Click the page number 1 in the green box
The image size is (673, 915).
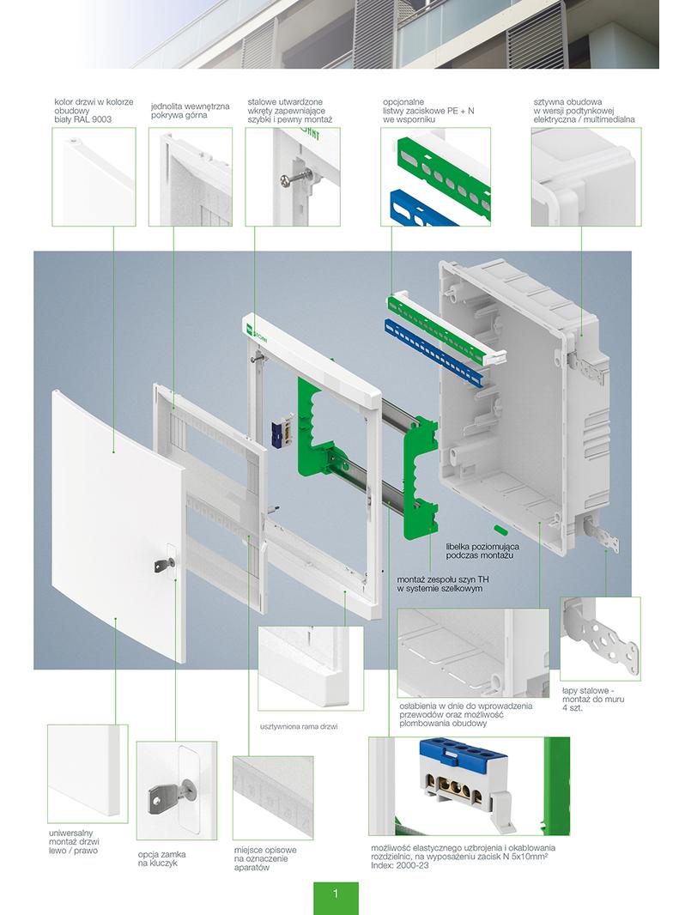click(335, 894)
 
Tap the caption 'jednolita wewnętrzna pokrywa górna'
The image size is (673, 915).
click(190, 110)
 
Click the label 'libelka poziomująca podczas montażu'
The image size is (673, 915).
click(482, 551)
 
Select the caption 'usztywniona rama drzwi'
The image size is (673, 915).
click(298, 726)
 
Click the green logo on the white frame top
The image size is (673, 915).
click(254, 327)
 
